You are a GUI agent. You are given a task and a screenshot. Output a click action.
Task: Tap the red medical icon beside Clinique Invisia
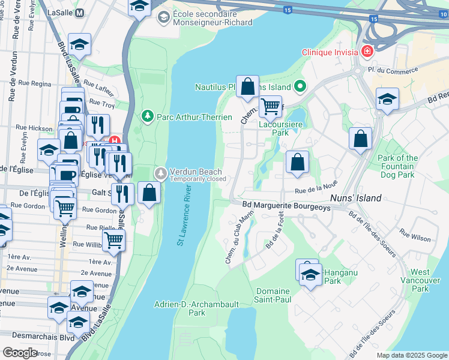[x=367, y=52]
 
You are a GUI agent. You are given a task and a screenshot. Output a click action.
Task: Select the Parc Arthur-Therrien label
[x=194, y=116]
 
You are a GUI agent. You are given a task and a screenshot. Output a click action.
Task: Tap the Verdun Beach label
[x=197, y=171]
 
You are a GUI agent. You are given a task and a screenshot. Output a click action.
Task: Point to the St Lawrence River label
[x=186, y=215]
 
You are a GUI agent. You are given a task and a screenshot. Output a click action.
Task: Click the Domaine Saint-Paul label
[x=272, y=296]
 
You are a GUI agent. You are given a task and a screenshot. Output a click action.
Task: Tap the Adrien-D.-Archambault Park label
[x=197, y=308]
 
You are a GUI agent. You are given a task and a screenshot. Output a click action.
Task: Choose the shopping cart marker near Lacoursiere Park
[x=271, y=107]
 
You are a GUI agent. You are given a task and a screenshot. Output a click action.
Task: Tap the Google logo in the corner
[x=20, y=353]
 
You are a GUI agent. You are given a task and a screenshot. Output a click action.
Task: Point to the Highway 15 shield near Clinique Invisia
[x=373, y=20]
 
